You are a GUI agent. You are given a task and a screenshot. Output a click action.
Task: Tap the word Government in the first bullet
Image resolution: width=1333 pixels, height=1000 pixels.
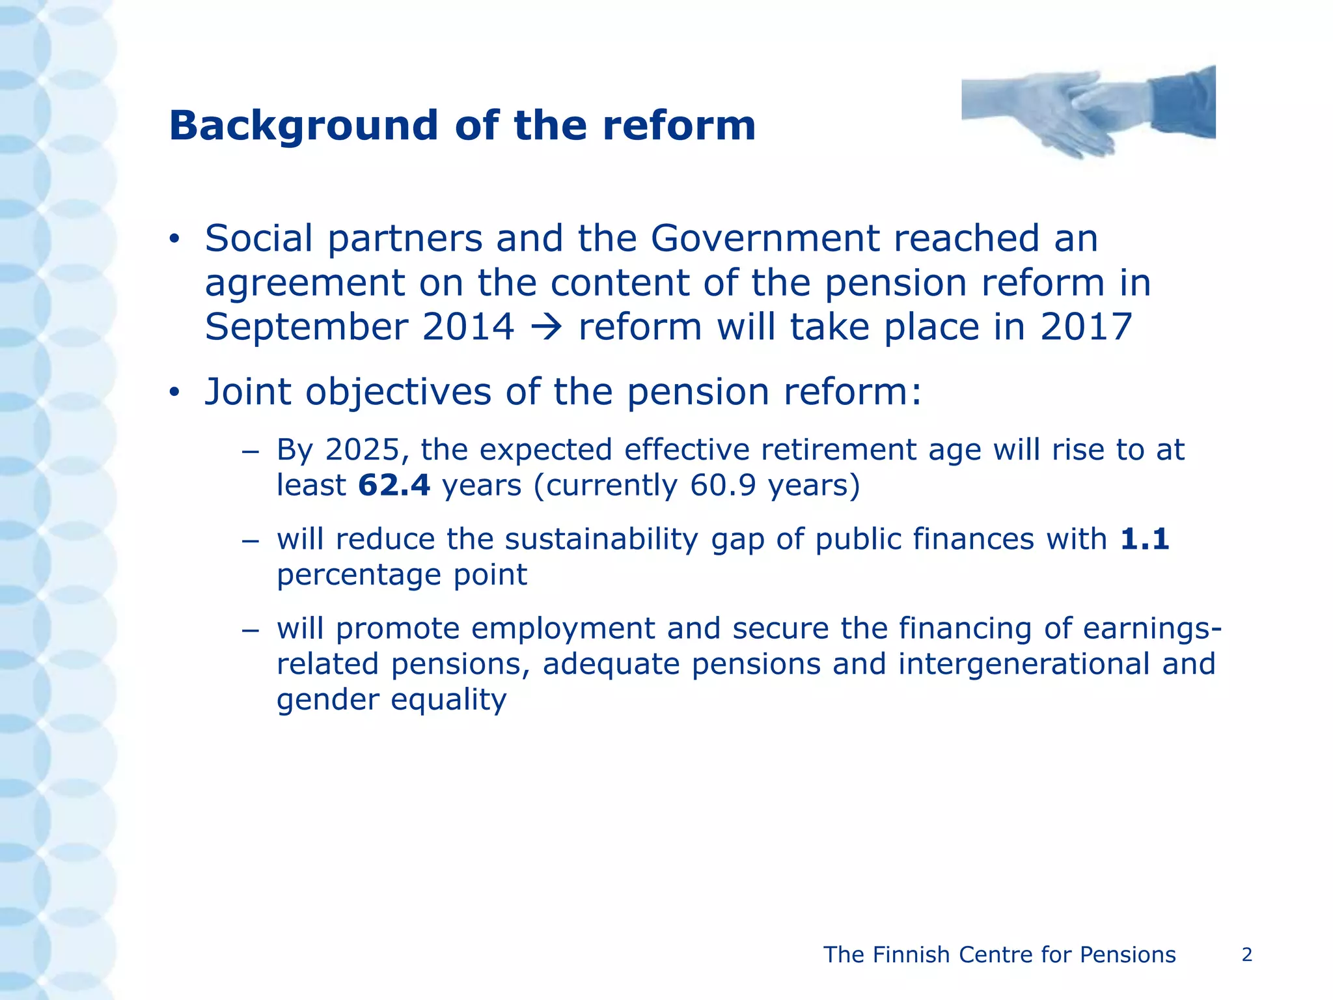pyautogui.click(x=764, y=238)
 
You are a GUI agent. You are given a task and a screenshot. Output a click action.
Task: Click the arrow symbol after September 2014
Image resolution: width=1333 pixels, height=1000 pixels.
pyautogui.click(x=546, y=327)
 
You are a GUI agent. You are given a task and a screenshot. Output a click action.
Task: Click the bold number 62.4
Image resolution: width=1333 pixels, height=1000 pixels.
pyautogui.click(x=394, y=486)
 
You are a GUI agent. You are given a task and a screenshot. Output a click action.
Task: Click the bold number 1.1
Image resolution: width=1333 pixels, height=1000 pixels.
pyautogui.click(x=1144, y=539)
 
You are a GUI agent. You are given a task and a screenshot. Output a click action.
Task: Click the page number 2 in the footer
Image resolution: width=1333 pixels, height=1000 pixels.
pyautogui.click(x=1246, y=955)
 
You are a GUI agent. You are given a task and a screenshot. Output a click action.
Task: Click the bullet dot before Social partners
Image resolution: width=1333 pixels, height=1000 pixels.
pyautogui.click(x=174, y=240)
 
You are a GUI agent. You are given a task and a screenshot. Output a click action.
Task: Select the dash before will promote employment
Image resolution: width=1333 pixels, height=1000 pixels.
pyautogui.click(x=250, y=630)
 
